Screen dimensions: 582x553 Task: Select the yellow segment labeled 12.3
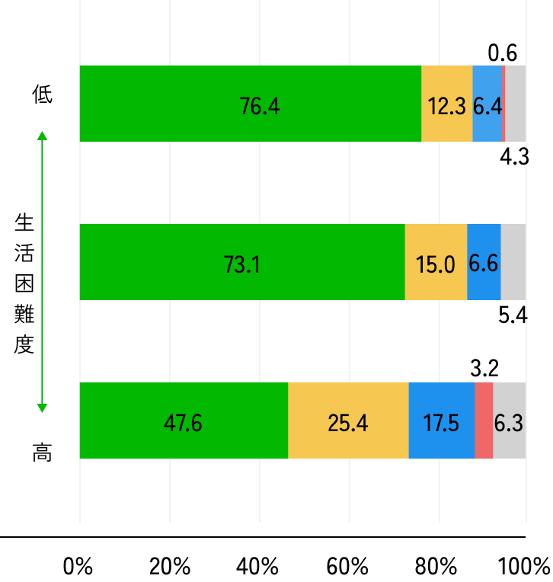pyautogui.click(x=446, y=104)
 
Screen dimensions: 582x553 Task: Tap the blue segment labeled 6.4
pyautogui.click(x=487, y=104)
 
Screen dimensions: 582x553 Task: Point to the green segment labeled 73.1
pyautogui.click(x=242, y=262)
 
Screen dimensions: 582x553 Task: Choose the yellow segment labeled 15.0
pyautogui.click(x=436, y=262)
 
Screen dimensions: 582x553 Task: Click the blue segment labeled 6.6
pyautogui.click(x=484, y=262)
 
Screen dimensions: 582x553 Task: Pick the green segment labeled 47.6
pyautogui.click(x=184, y=421)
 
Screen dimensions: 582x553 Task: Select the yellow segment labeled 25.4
pyautogui.click(x=348, y=421)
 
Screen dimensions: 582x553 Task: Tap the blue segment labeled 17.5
pyautogui.click(x=442, y=421)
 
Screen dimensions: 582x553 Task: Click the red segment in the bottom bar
pyautogui.click(x=484, y=421)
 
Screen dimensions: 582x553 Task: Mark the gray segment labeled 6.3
pyautogui.click(x=509, y=421)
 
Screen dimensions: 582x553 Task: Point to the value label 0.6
pyautogui.click(x=503, y=53)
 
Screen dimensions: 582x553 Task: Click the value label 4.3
pyautogui.click(x=514, y=158)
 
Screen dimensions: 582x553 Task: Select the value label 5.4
pyautogui.click(x=513, y=315)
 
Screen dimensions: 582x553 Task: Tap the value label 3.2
pyautogui.click(x=484, y=369)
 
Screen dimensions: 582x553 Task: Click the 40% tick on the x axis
pyautogui.click(x=258, y=567)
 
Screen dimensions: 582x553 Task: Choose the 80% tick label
pyautogui.click(x=437, y=567)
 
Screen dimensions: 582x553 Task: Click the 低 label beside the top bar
pyautogui.click(x=43, y=95)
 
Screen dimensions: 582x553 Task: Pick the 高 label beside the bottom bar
pyautogui.click(x=43, y=452)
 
